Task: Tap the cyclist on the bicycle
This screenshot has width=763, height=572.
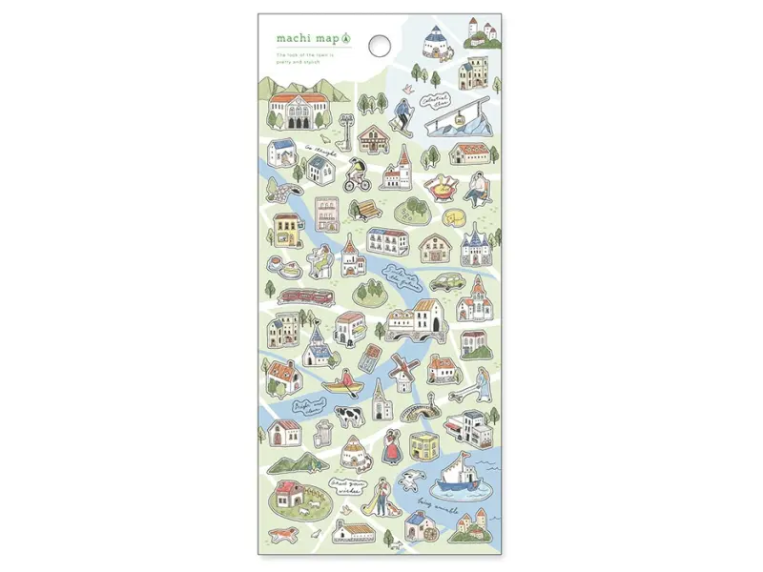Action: [358, 174]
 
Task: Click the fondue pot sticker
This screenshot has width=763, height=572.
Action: [441, 188]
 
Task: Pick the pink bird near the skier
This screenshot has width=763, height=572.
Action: [408, 88]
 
